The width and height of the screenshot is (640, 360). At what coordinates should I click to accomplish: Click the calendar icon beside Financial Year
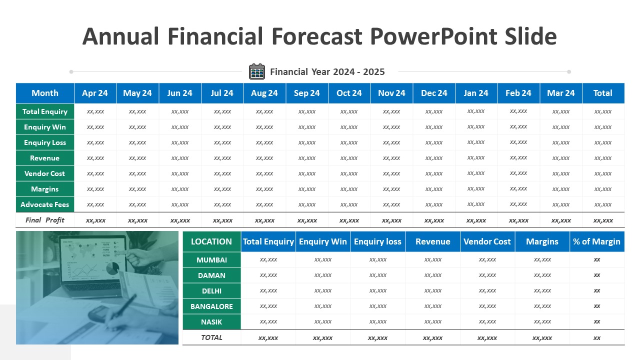point(257,71)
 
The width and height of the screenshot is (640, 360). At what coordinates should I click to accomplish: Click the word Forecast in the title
point(317,36)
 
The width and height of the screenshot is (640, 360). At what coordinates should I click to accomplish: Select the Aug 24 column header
point(264,93)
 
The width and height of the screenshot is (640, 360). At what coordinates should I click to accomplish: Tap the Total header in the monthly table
point(603,93)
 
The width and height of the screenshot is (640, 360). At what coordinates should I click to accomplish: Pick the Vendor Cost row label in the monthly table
point(45,173)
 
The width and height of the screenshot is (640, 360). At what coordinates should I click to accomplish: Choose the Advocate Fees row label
point(45,204)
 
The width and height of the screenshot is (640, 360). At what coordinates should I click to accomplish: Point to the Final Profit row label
point(45,220)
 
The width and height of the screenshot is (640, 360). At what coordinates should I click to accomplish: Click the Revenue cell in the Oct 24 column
point(349,158)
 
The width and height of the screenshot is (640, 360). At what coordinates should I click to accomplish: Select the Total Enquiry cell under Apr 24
point(95,111)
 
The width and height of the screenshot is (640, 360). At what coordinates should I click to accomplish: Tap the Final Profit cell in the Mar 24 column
point(561,220)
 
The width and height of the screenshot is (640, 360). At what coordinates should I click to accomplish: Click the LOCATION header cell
point(211,241)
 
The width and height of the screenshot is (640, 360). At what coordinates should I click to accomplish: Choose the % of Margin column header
point(597,241)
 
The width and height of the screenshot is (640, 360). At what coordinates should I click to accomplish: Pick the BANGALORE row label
point(211,306)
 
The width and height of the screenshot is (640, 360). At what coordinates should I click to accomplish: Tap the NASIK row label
point(211,322)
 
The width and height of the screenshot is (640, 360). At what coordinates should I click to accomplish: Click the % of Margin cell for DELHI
point(597,291)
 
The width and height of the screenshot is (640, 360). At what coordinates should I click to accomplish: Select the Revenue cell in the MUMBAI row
point(432,259)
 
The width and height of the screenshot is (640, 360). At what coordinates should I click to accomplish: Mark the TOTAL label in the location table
point(211,337)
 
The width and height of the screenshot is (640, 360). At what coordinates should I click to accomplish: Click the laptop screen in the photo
point(93,260)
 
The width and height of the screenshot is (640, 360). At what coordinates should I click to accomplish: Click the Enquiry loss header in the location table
point(377,241)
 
